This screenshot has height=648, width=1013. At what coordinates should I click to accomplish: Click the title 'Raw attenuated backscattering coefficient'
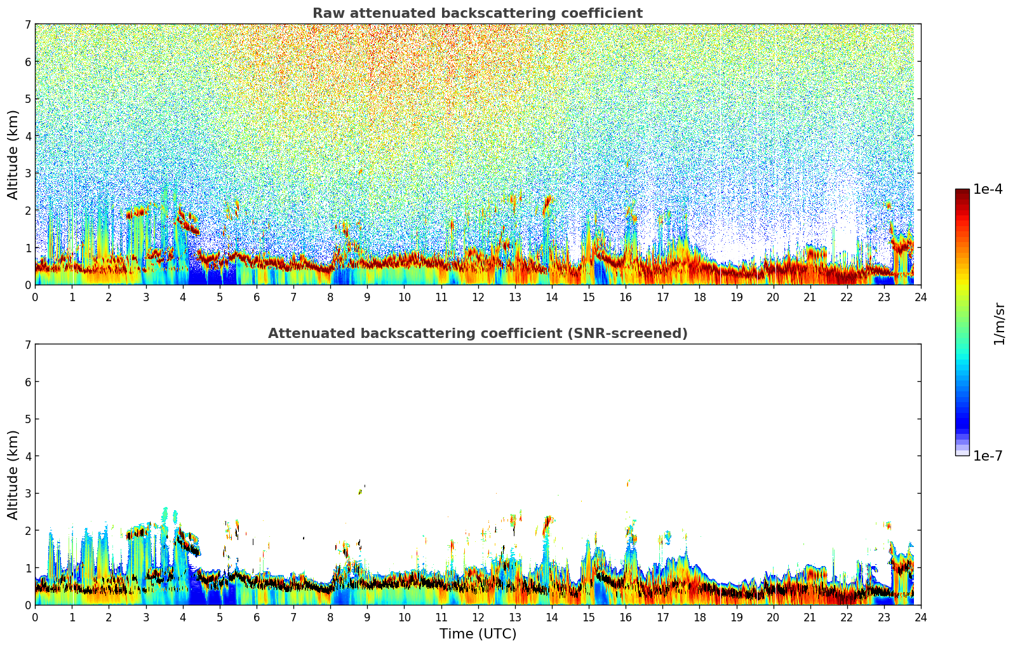click(x=477, y=13)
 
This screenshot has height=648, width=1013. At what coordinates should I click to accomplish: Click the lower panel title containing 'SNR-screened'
click(x=477, y=334)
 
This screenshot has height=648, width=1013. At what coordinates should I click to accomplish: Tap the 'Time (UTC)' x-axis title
click(x=478, y=634)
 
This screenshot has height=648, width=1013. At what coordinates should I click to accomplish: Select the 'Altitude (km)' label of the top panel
click(x=13, y=154)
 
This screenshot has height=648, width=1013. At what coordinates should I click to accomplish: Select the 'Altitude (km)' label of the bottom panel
click(x=13, y=475)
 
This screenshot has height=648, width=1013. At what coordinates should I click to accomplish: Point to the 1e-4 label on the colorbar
click(x=988, y=189)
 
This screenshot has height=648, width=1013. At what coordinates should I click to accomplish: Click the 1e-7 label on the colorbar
click(x=988, y=456)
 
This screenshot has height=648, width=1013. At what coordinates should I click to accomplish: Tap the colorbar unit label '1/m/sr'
click(x=1000, y=323)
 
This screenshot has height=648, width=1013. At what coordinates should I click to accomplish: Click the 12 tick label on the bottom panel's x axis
click(x=478, y=617)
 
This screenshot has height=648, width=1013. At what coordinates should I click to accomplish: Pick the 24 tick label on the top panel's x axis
click(x=920, y=297)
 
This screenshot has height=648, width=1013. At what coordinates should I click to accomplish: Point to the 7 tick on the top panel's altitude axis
click(x=28, y=25)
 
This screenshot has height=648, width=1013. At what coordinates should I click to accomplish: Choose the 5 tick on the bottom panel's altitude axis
click(x=28, y=419)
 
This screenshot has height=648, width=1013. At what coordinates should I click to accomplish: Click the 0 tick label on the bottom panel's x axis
click(x=35, y=617)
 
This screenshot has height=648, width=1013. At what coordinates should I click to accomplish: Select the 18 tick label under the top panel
click(x=699, y=297)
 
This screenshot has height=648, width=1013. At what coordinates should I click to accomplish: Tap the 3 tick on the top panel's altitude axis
click(x=28, y=173)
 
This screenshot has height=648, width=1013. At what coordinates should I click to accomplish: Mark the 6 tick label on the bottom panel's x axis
click(x=257, y=617)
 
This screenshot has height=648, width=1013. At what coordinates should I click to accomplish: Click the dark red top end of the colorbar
click(x=962, y=192)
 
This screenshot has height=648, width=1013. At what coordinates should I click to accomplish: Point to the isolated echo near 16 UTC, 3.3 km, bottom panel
click(x=628, y=483)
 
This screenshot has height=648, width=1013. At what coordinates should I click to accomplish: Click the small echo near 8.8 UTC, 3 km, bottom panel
click(x=360, y=491)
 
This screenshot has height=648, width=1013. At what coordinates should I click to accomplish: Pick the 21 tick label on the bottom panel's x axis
click(x=810, y=617)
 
